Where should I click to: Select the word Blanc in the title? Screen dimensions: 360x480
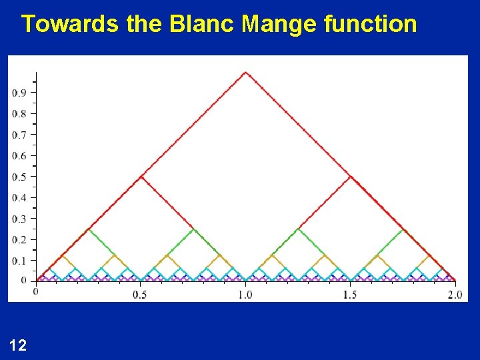[203, 24]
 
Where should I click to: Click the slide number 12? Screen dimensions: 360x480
[19, 345]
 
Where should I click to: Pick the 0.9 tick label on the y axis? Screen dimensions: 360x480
[19, 93]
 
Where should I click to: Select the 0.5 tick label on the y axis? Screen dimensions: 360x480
[19, 177]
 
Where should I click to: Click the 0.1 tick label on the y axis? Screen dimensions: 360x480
[19, 260]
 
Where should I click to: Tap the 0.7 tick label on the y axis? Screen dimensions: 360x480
[19, 135]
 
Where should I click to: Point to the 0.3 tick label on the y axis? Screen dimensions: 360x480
[19, 219]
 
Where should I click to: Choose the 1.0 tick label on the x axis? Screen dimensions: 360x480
[245, 294]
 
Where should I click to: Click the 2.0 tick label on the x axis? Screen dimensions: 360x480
[455, 294]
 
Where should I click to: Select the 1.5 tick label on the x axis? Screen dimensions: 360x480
[350, 294]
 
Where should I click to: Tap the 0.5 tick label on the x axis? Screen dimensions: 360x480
[140, 294]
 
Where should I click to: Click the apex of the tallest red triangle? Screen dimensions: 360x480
[245, 72]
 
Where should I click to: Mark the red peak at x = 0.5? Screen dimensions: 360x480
[141, 177]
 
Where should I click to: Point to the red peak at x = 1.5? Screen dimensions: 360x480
[351, 177]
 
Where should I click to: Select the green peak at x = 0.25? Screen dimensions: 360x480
[88, 229]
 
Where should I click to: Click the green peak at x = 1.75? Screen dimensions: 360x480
[403, 229]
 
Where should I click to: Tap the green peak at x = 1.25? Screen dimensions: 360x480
[298, 229]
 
